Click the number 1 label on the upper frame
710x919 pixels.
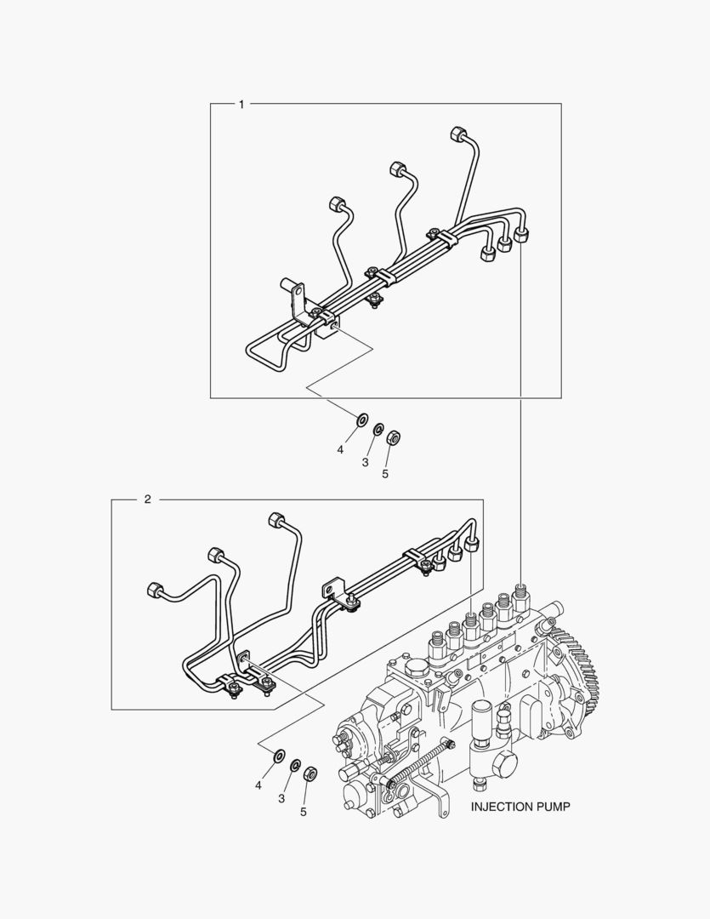point(241,105)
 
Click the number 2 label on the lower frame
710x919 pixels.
point(148,499)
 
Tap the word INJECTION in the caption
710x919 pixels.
point(499,807)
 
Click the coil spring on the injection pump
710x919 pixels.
point(421,763)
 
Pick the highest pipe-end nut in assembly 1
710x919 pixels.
point(458,134)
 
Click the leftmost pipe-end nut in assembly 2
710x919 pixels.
point(154,591)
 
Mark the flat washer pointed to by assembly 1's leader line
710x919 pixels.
point(362,420)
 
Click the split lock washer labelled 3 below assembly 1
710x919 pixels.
point(378,429)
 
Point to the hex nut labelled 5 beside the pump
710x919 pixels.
point(310,773)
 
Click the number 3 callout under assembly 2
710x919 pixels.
point(281,798)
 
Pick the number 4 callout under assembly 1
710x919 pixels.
point(340,450)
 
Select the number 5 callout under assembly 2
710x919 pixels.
point(304,812)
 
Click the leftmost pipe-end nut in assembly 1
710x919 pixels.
point(336,205)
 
